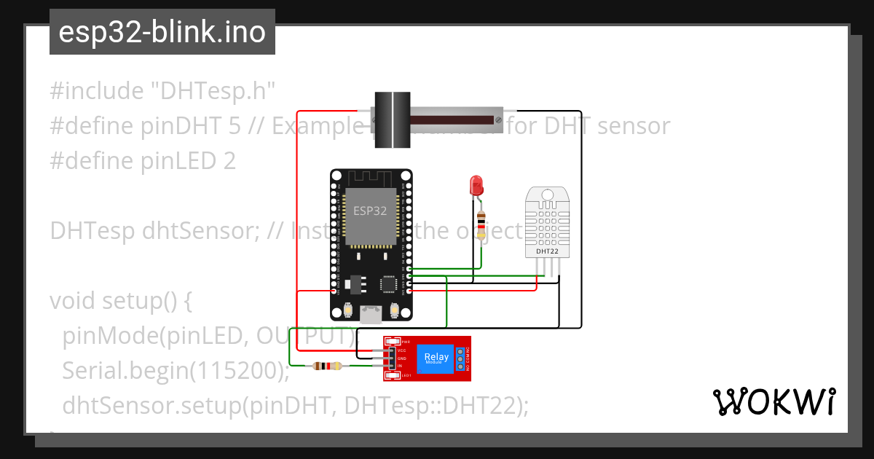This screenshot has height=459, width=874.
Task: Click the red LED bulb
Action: pos(476,184)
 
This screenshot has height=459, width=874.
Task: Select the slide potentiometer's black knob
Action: pos(393,119)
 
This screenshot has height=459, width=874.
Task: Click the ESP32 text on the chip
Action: pos(370,211)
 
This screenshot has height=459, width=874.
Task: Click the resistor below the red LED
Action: pos(480,219)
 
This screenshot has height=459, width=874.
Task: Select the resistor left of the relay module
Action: pos(326,366)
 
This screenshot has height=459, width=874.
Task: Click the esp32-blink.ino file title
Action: pos(162,32)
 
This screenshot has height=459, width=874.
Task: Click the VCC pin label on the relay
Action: pos(401,350)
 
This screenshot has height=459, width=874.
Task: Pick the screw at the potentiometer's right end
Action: pos(497,119)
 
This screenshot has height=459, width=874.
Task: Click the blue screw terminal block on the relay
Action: pos(460,358)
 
